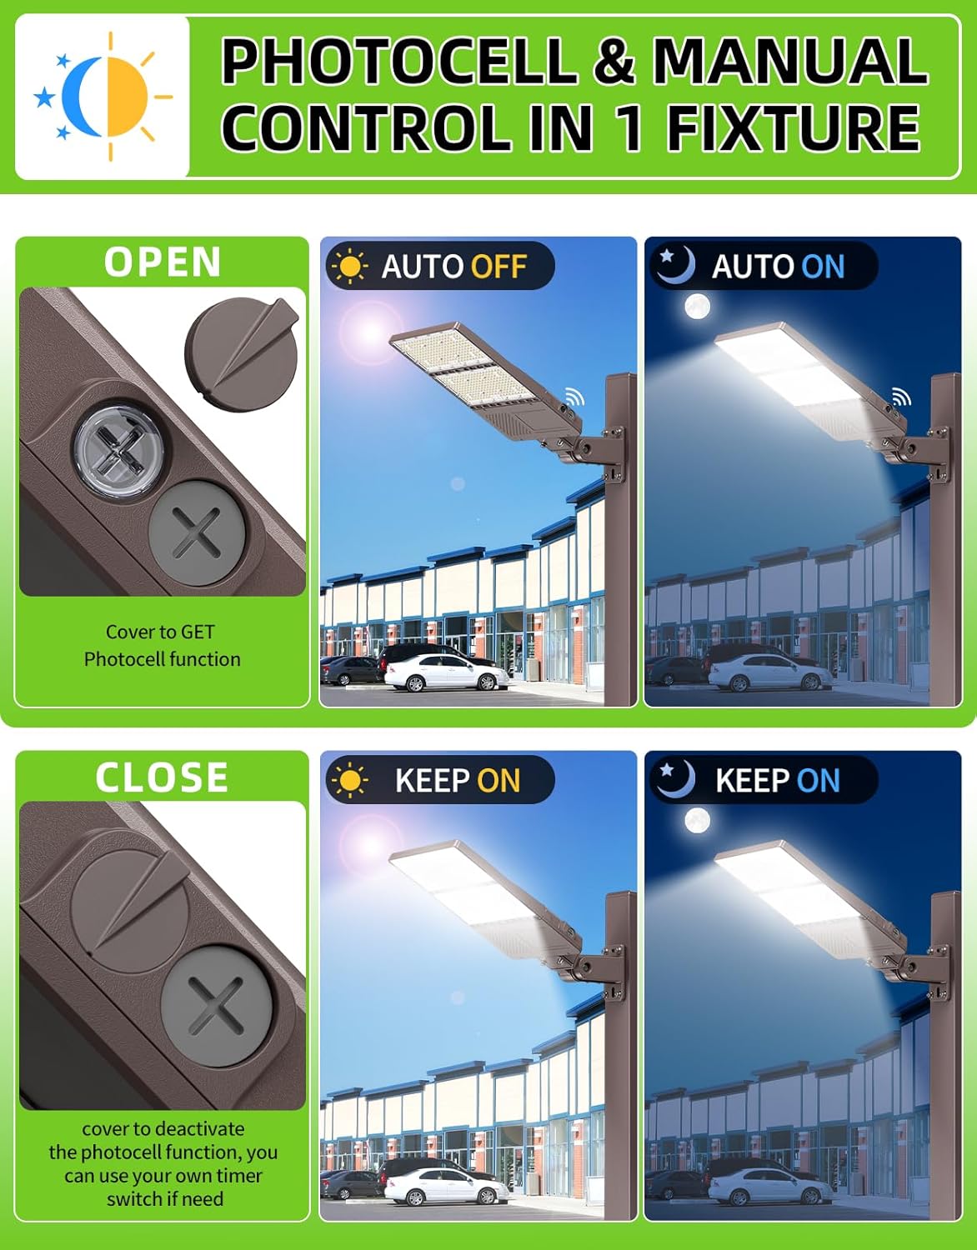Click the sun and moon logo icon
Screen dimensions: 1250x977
(x=103, y=97)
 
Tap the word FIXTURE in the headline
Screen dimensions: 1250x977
(x=793, y=127)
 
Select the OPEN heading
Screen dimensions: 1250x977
(x=163, y=262)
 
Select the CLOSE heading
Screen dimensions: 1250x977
(x=162, y=777)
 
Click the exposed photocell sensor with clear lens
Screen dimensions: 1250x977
(x=113, y=451)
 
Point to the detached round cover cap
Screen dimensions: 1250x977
(x=241, y=347)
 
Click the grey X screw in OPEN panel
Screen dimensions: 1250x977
(x=198, y=531)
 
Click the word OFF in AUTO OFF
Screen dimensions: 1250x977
(x=499, y=267)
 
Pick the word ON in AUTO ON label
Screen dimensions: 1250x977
(x=823, y=267)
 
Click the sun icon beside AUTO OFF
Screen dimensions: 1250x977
(x=349, y=267)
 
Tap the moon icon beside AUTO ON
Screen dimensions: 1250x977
(x=674, y=265)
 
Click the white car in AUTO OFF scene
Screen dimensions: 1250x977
(x=445, y=673)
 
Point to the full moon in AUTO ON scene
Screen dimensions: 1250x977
(x=697, y=307)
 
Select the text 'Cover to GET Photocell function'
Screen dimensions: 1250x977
(x=162, y=645)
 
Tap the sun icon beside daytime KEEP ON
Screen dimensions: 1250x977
(x=349, y=781)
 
